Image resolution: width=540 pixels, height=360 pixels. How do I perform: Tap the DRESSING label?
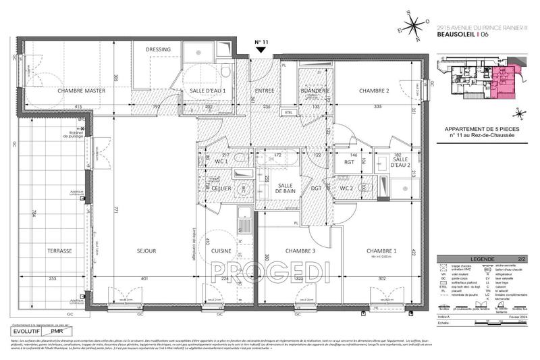[x=158, y=49]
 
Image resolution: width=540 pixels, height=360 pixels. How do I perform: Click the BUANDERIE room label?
[x=315, y=91]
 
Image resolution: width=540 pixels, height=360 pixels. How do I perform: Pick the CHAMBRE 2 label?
[x=374, y=91]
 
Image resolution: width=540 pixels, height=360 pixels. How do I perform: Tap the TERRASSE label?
[x=60, y=251]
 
